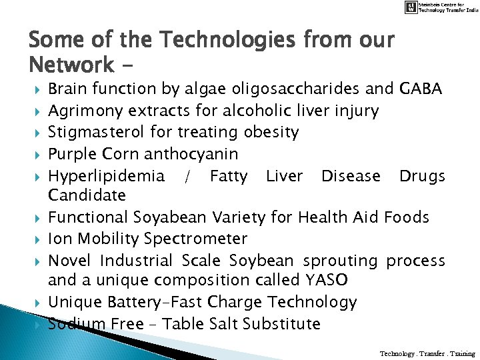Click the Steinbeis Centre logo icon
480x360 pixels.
pos(411,7)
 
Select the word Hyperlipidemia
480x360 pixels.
pos(106,176)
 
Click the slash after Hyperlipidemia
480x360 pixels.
pos(187,176)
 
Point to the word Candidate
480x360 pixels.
pos(87,195)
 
